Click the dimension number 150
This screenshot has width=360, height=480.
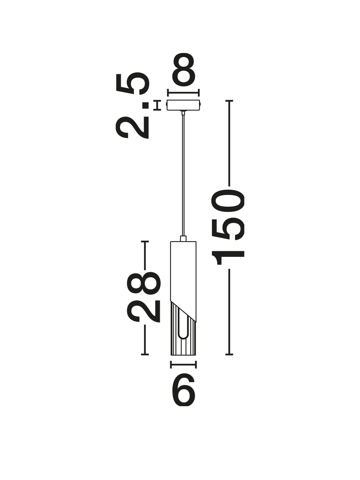tap(228, 227)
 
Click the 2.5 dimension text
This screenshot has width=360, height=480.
tap(132, 105)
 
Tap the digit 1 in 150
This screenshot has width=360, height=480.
tap(228, 258)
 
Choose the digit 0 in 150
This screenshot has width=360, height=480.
tap(228, 201)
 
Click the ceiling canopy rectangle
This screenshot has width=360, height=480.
tap(183, 105)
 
